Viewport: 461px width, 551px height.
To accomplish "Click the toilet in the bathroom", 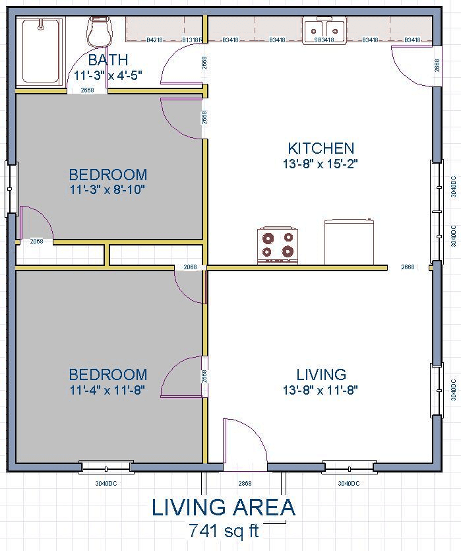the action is pyautogui.click(x=99, y=32).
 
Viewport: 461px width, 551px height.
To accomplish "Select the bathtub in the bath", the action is pyautogui.click(x=41, y=51).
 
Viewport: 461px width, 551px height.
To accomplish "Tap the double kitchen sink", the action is pyautogui.click(x=324, y=30).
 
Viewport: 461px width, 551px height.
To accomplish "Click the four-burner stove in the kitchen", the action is pyautogui.click(x=278, y=245).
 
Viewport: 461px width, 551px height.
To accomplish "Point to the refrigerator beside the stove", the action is pyautogui.click(x=349, y=242).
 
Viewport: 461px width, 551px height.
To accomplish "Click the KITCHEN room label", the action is pyautogui.click(x=321, y=148).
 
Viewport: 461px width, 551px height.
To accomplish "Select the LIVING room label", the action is pyautogui.click(x=321, y=375).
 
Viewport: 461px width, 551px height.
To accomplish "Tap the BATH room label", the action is pyautogui.click(x=108, y=60).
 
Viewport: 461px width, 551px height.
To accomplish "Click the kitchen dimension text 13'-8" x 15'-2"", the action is pyautogui.click(x=321, y=164).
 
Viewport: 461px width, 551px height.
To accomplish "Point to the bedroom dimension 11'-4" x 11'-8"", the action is pyautogui.click(x=108, y=390).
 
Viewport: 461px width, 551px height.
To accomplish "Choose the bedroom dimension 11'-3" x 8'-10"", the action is pyautogui.click(x=108, y=190).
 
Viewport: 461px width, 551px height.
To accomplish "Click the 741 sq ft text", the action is pyautogui.click(x=224, y=531).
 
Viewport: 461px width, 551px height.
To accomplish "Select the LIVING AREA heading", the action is pyautogui.click(x=224, y=507).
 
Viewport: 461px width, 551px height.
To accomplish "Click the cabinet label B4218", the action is pyautogui.click(x=154, y=40).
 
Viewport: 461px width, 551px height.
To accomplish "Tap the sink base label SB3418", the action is pyautogui.click(x=324, y=40).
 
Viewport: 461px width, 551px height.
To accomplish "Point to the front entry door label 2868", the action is pyautogui.click(x=245, y=483).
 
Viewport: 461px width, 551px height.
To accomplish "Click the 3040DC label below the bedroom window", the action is pyautogui.click(x=106, y=483).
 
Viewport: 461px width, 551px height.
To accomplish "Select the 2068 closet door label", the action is pyautogui.click(x=36, y=242).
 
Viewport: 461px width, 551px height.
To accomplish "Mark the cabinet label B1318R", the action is pyautogui.click(x=192, y=40).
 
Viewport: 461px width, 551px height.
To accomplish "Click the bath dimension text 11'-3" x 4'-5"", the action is pyautogui.click(x=108, y=75).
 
